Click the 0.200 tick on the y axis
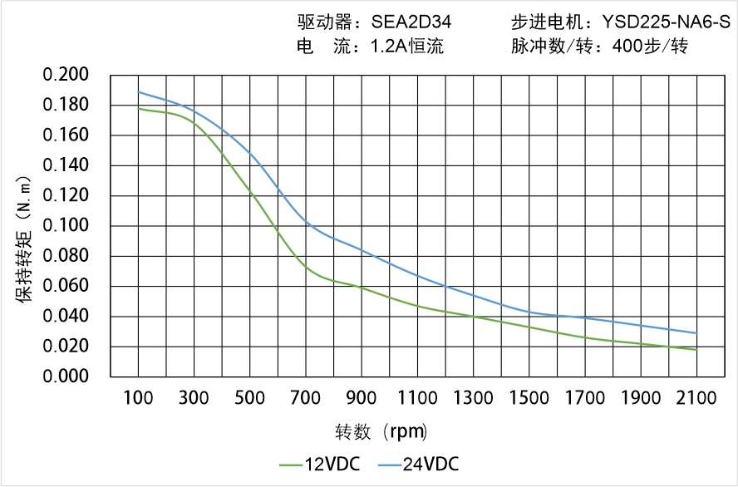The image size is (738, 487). point(66,75)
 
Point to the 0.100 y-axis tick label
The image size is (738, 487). point(66,226)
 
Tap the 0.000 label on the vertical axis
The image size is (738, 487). point(66,376)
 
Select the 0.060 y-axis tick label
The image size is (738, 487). point(66,286)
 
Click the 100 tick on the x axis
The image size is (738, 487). point(138,398)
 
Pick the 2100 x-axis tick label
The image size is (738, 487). point(696,398)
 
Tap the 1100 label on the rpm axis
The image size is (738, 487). point(417,398)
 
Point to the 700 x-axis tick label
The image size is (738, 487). point(306,398)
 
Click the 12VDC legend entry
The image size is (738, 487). point(320,464)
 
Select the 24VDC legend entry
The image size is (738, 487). point(419,464)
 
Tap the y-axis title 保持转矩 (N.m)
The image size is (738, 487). point(26,238)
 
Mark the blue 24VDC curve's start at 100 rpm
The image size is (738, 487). point(138,92)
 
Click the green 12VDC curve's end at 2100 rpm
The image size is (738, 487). point(696,350)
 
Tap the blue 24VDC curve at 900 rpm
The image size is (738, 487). point(362,249)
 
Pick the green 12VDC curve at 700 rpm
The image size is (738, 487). point(306,268)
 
